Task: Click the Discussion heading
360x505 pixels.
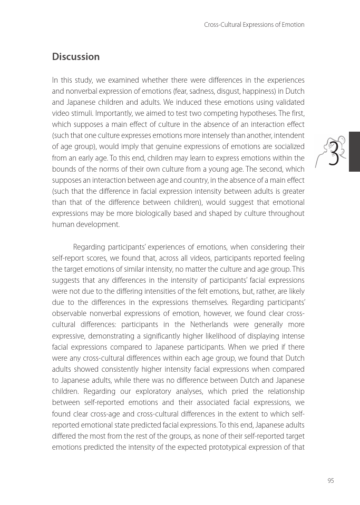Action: click(x=75, y=57)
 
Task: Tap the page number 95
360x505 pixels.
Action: click(x=330, y=480)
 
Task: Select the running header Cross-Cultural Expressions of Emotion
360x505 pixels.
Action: click(x=254, y=25)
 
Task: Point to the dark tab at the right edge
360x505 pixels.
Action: click(x=354, y=152)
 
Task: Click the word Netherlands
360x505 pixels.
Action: click(x=207, y=324)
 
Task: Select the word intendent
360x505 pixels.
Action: click(x=289, y=136)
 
